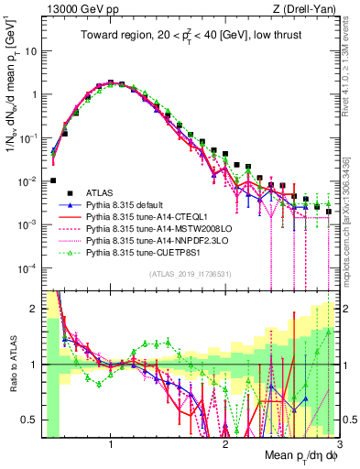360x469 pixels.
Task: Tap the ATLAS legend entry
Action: pos(99,191)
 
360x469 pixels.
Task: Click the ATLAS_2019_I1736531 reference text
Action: pos(191,275)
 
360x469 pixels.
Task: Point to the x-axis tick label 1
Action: pos(111,445)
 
